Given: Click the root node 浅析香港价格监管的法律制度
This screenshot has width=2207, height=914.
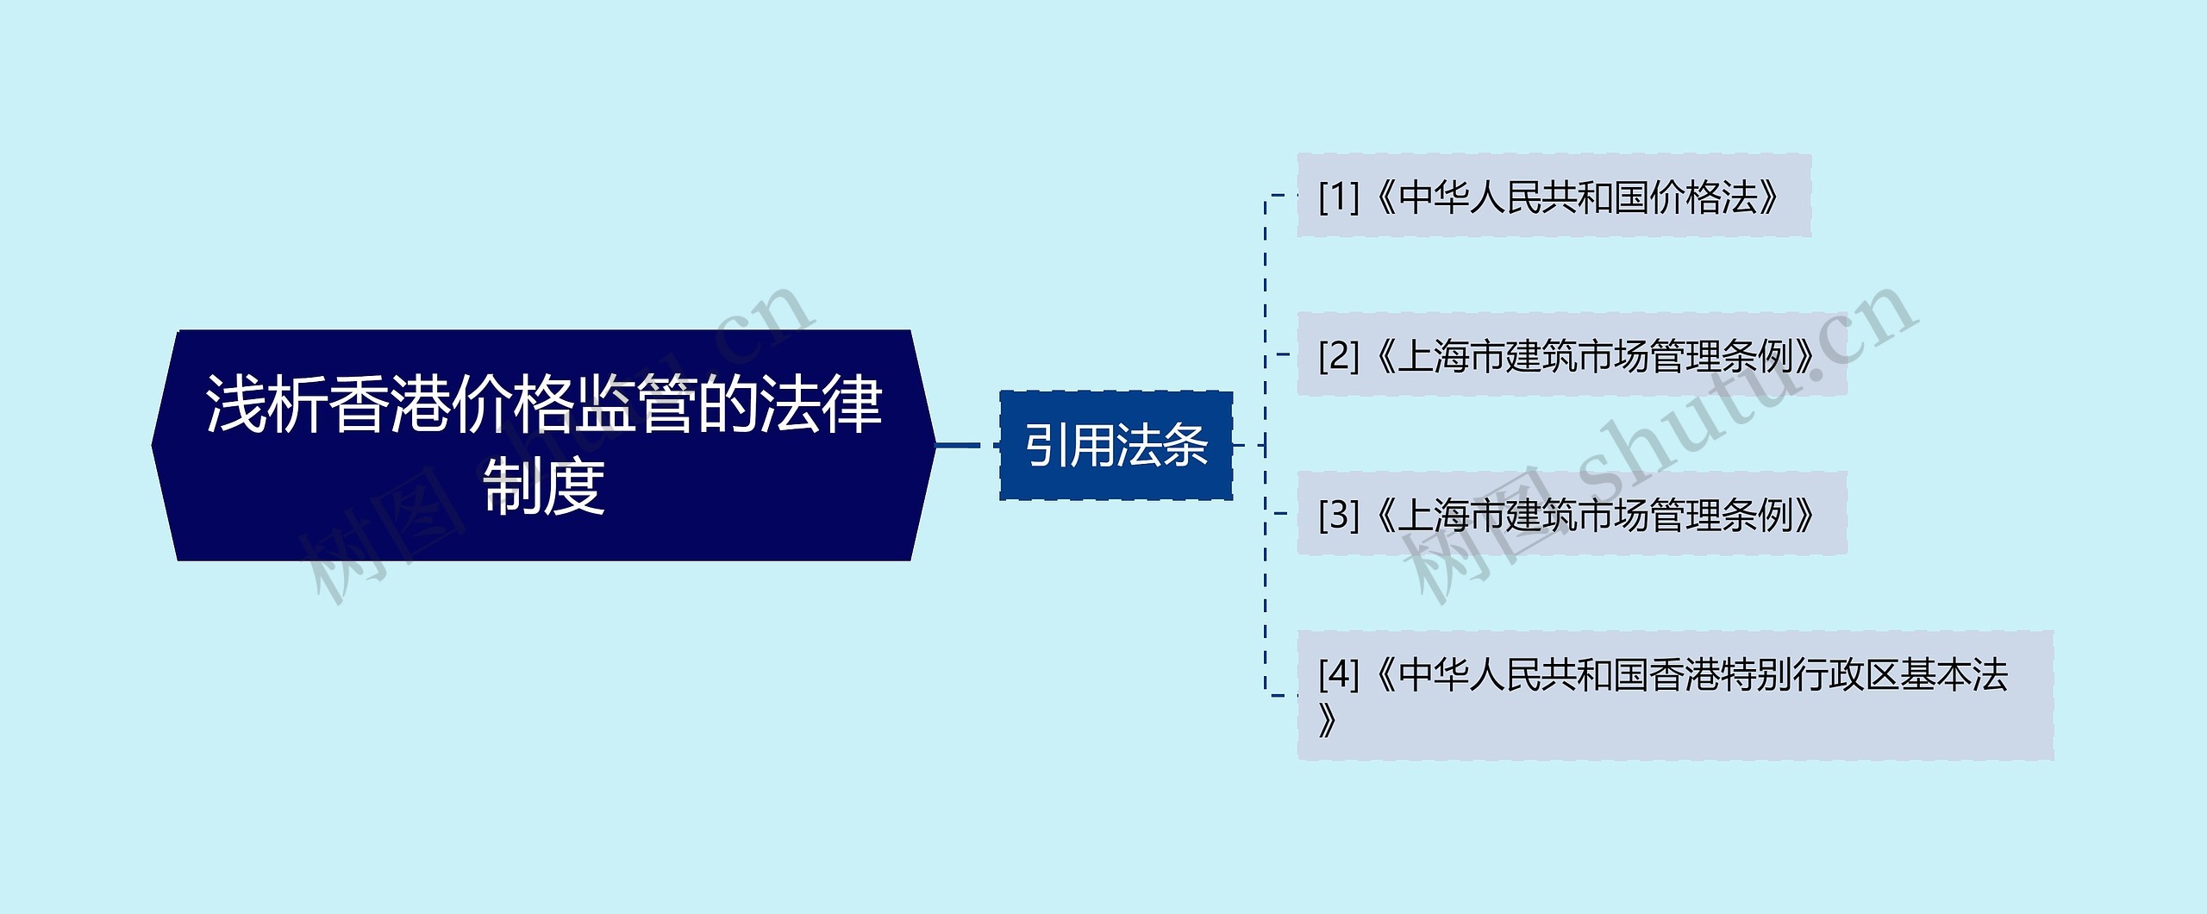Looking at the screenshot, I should point(543,445).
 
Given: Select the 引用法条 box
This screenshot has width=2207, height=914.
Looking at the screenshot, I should point(1116,446).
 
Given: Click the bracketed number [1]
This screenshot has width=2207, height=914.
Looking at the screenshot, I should point(1338,197).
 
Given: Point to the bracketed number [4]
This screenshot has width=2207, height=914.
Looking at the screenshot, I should point(1338,674).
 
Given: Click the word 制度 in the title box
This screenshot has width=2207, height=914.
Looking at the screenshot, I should point(544,485).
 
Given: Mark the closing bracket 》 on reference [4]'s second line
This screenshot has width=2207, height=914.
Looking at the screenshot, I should point(1329,721).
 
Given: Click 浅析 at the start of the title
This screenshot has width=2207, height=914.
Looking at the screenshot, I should point(264,404).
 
